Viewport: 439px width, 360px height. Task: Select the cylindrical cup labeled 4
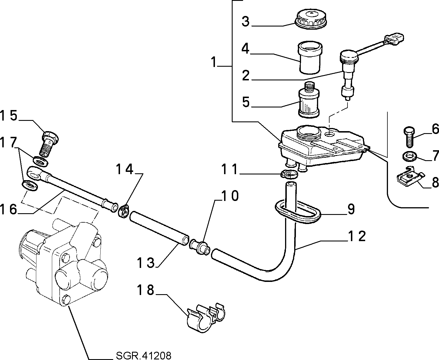pyautogui.click(x=310, y=58)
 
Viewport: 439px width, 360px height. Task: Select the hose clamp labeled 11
pyautogui.click(x=289, y=174)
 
